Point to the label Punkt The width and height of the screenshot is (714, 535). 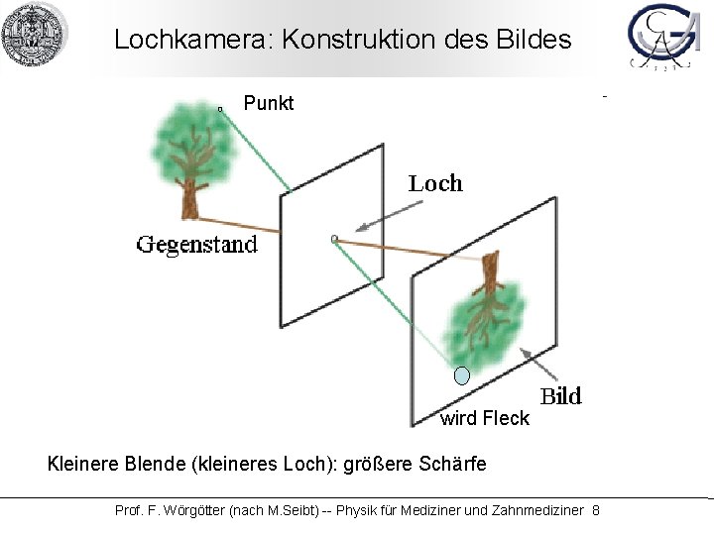268,103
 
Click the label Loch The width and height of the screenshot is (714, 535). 435,183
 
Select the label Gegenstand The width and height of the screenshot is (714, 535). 196,245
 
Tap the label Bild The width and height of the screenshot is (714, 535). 560,397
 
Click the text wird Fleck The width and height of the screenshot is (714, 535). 485,418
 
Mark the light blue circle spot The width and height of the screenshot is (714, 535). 461,375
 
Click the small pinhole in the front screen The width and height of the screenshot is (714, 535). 334,238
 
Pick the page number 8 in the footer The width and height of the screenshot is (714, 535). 595,510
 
